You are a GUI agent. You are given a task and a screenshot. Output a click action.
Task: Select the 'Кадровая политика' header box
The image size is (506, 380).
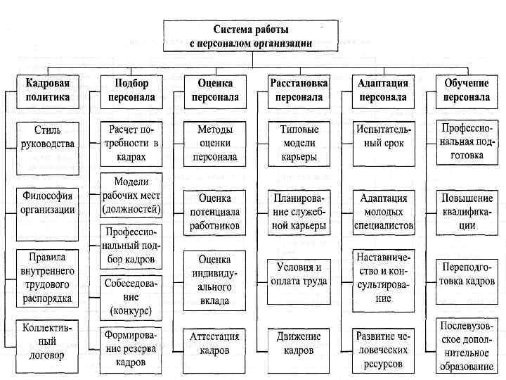48,90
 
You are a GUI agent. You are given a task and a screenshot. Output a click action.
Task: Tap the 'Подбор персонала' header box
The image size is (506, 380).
131,90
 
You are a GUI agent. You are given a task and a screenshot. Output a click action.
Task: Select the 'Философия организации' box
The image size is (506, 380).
48,202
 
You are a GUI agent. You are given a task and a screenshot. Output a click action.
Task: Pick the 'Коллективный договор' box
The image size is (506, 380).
48,342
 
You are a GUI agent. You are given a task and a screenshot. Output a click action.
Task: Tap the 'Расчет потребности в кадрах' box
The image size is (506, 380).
131,143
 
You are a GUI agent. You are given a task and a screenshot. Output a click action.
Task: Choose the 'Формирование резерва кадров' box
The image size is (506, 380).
131,348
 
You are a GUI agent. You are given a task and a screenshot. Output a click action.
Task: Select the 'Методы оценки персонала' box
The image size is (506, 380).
215,143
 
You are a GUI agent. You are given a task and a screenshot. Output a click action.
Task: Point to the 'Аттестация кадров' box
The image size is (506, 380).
215,343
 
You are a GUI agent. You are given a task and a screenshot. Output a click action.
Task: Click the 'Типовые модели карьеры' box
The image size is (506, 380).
299,143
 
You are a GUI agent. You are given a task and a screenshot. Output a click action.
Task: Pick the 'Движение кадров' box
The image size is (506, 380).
299,343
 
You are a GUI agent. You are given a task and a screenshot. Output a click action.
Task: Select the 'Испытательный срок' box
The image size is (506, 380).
384,138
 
